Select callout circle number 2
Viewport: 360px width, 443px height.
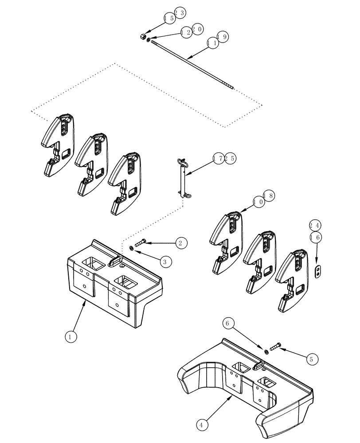coord(180,243)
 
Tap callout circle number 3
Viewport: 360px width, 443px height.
coord(164,262)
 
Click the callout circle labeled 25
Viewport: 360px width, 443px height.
coord(230,159)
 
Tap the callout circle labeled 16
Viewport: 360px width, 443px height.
coord(316,238)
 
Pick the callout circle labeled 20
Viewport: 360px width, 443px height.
coord(198,29)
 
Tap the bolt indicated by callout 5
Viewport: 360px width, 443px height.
coord(274,348)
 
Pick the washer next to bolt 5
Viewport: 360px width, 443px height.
coord(266,352)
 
